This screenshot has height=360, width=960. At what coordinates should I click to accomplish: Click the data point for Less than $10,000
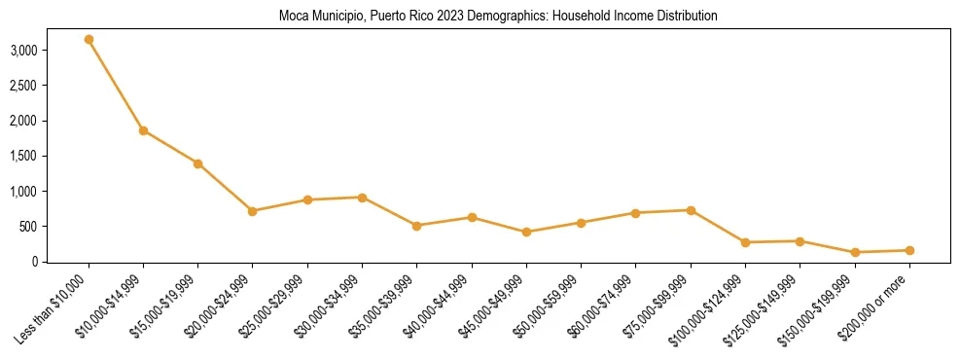click(x=89, y=40)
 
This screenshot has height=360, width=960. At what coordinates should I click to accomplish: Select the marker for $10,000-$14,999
click(x=143, y=130)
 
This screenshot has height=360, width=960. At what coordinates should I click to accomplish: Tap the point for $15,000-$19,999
click(x=197, y=163)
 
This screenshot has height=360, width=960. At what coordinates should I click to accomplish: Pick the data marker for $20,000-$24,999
click(x=253, y=211)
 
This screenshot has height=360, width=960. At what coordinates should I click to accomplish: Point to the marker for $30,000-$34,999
click(x=362, y=198)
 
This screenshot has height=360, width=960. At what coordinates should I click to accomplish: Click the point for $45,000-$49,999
click(x=526, y=233)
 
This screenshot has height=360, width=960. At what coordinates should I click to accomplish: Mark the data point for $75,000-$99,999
click(x=691, y=210)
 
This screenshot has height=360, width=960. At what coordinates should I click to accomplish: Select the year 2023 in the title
click(x=415, y=17)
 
